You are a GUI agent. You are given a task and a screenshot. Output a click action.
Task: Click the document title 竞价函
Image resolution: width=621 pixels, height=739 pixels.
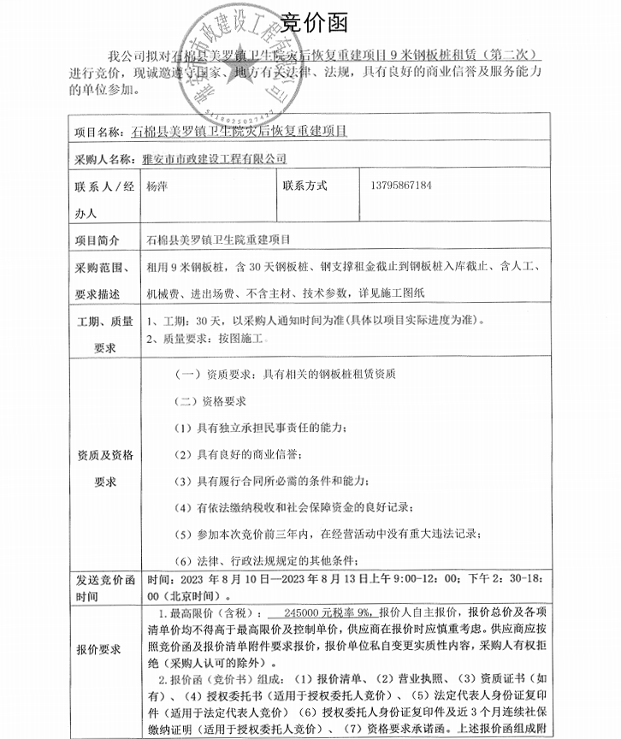[x=310, y=20]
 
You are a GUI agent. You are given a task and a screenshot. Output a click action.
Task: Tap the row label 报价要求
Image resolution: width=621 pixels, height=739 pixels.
[x=98, y=649]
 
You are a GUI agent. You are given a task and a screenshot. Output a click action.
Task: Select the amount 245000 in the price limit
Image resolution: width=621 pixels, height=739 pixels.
[x=295, y=612]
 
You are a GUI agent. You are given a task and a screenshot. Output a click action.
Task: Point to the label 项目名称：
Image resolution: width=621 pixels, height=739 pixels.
[x=99, y=132]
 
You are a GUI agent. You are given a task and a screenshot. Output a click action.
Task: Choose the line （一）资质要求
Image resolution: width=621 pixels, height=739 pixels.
[x=284, y=374]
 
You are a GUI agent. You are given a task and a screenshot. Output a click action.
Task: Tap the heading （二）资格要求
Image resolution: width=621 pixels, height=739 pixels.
[x=210, y=400]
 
